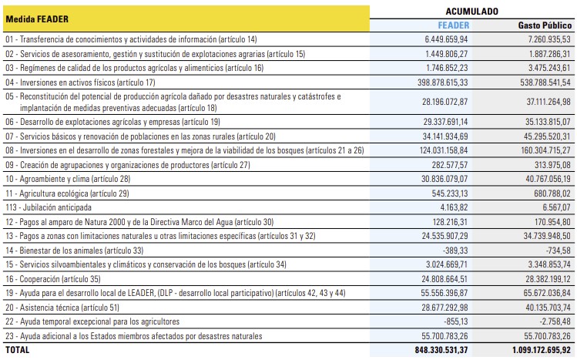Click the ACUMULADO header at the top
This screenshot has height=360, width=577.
pyautogui.click(x=471, y=12)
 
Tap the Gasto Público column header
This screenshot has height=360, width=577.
pyautogui.click(x=544, y=25)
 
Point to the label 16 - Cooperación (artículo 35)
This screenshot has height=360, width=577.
pyautogui.click(x=62, y=279)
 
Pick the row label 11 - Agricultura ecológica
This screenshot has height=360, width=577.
pyautogui.click(x=67, y=193)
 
